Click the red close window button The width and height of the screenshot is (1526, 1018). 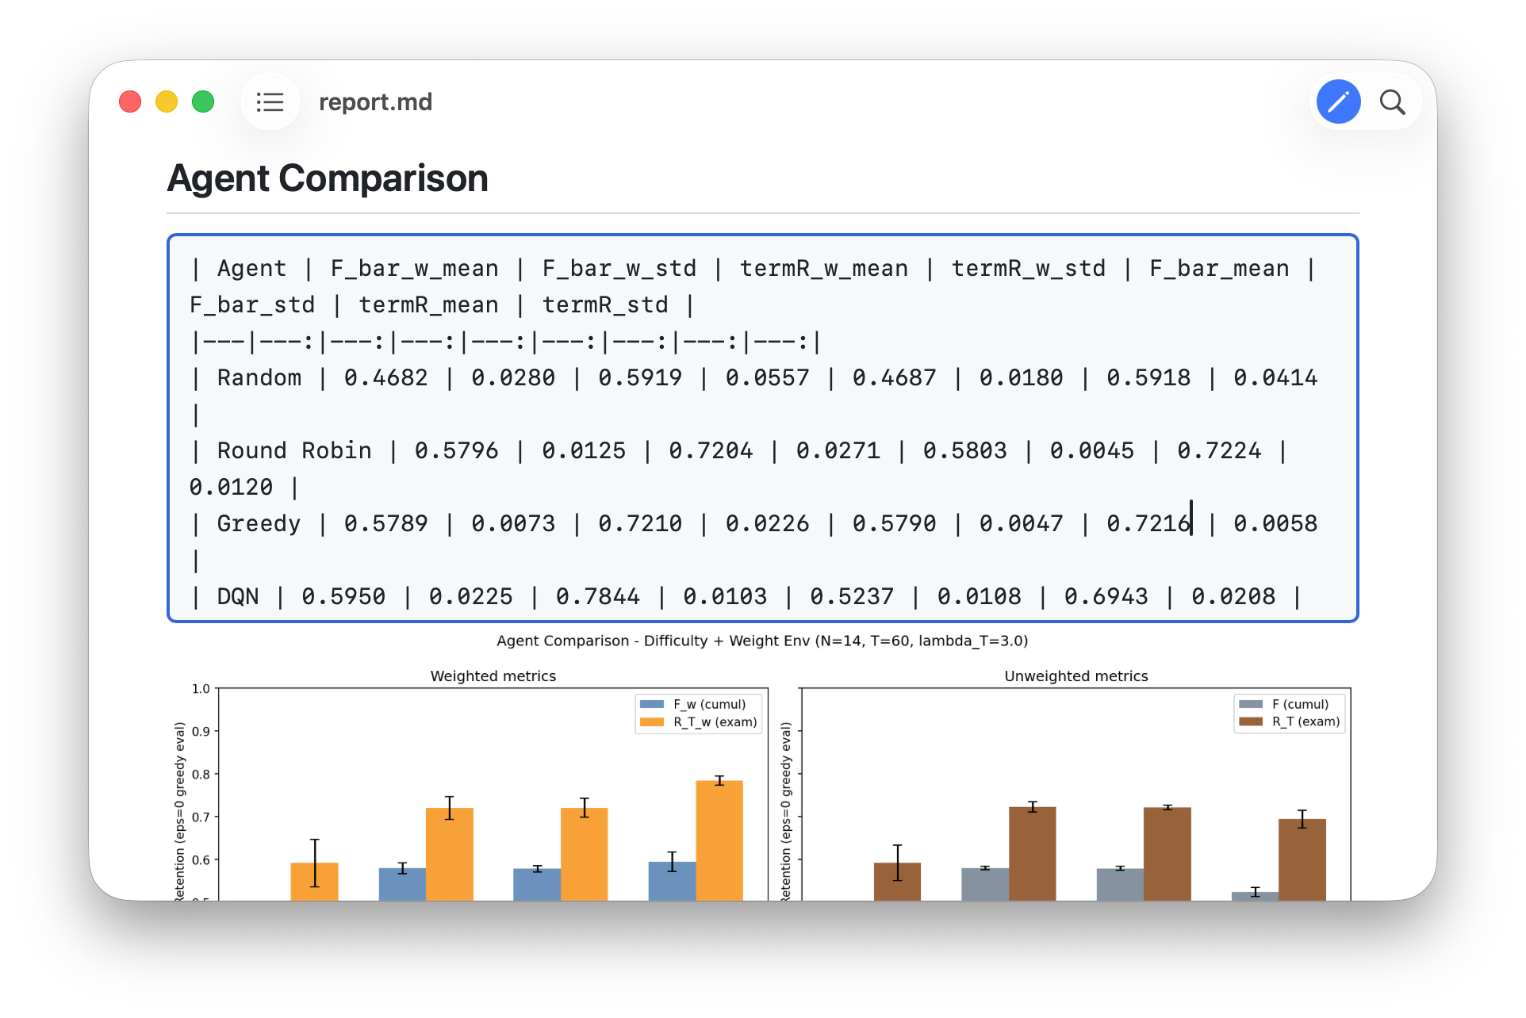click(x=130, y=102)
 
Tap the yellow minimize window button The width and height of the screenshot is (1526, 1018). click(x=167, y=102)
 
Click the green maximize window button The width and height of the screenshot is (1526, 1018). click(x=203, y=102)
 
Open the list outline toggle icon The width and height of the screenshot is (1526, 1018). click(x=270, y=102)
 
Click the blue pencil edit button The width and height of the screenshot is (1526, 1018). click(x=1339, y=101)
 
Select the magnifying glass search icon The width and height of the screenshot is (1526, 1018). click(x=1392, y=102)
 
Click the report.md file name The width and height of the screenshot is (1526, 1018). click(x=375, y=102)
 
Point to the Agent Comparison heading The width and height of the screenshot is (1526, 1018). click(x=328, y=178)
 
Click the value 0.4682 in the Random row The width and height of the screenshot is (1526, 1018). click(x=385, y=377)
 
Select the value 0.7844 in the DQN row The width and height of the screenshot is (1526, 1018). click(x=597, y=596)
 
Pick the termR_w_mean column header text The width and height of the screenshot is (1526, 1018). click(x=824, y=269)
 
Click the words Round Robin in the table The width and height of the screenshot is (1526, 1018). click(x=294, y=450)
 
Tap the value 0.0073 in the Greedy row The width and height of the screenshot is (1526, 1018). click(x=513, y=523)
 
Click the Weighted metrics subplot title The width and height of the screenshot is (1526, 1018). click(x=493, y=675)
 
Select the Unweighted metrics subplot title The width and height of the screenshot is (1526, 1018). click(x=1076, y=675)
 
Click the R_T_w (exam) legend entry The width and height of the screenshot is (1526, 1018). click(x=698, y=721)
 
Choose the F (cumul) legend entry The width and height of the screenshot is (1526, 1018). click(x=1284, y=704)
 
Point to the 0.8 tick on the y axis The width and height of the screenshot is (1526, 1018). click(x=201, y=775)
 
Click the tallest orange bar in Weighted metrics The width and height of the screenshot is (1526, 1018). click(x=719, y=840)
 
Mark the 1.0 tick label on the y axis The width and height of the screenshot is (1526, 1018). click(x=201, y=688)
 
